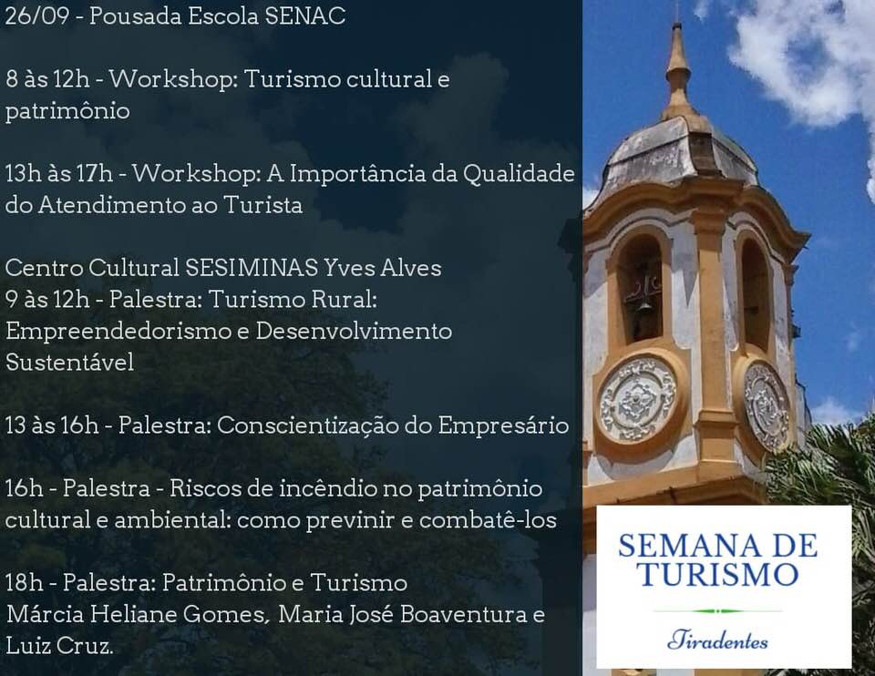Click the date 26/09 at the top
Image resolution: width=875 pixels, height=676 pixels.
click(x=37, y=15)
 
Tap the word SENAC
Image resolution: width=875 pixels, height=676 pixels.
click(x=305, y=15)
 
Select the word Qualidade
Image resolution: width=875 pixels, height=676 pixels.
click(x=519, y=173)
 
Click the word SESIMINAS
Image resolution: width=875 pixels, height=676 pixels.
click(x=252, y=268)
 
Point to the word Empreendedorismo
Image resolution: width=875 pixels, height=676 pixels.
click(x=125, y=332)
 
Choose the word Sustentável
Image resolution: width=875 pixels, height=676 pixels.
click(x=70, y=363)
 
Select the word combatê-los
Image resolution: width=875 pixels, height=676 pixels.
click(x=488, y=520)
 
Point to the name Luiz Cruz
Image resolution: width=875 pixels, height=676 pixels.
click(x=60, y=646)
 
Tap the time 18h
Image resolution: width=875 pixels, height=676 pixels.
click(x=25, y=583)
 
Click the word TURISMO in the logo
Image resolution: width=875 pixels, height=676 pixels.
click(x=717, y=575)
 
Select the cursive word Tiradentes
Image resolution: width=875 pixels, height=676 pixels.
click(x=717, y=640)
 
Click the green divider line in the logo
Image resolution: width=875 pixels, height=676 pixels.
click(x=718, y=611)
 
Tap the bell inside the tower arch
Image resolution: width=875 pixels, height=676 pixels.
click(x=644, y=305)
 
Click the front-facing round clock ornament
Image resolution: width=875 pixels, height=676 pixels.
click(x=637, y=399)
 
